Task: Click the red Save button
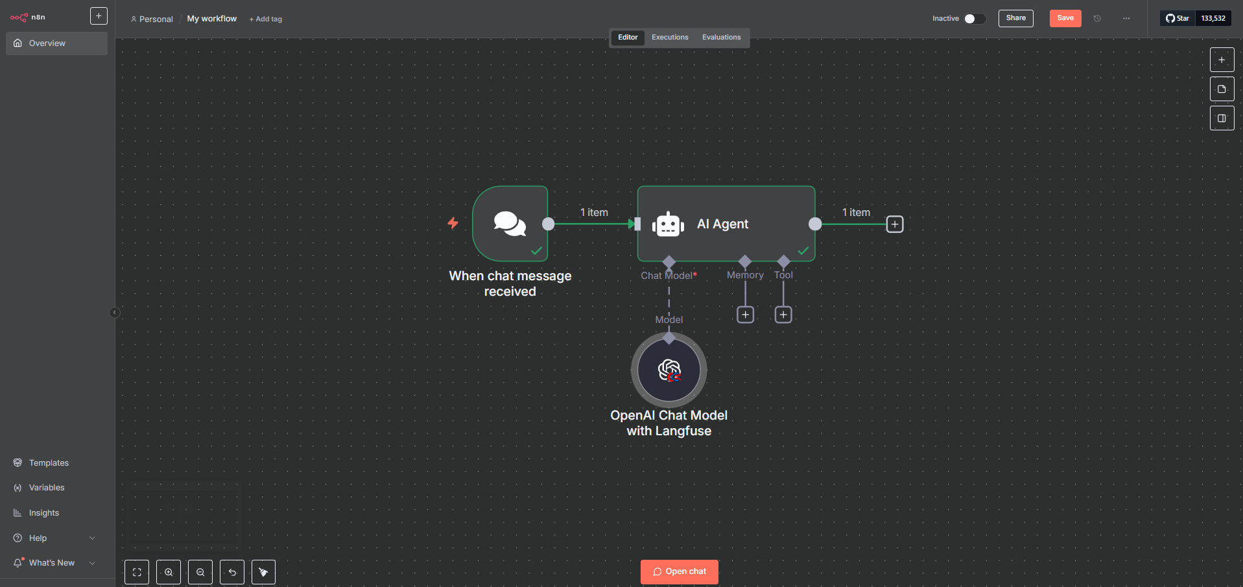[1065, 18]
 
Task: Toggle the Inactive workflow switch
[974, 19]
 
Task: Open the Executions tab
[670, 38]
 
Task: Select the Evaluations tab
[721, 38]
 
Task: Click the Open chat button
[679, 571]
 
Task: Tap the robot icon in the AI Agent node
[668, 224]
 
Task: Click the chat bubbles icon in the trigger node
[510, 224]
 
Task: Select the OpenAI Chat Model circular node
[669, 370]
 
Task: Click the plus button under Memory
[745, 315]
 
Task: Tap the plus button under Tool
[783, 315]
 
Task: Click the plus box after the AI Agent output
[894, 224]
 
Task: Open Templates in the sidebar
[49, 462]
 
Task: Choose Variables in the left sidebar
[47, 488]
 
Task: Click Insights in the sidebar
[44, 513]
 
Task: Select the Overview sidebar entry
[47, 43]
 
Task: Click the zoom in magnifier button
[169, 572]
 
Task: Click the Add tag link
[266, 19]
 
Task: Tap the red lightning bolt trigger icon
[453, 223]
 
